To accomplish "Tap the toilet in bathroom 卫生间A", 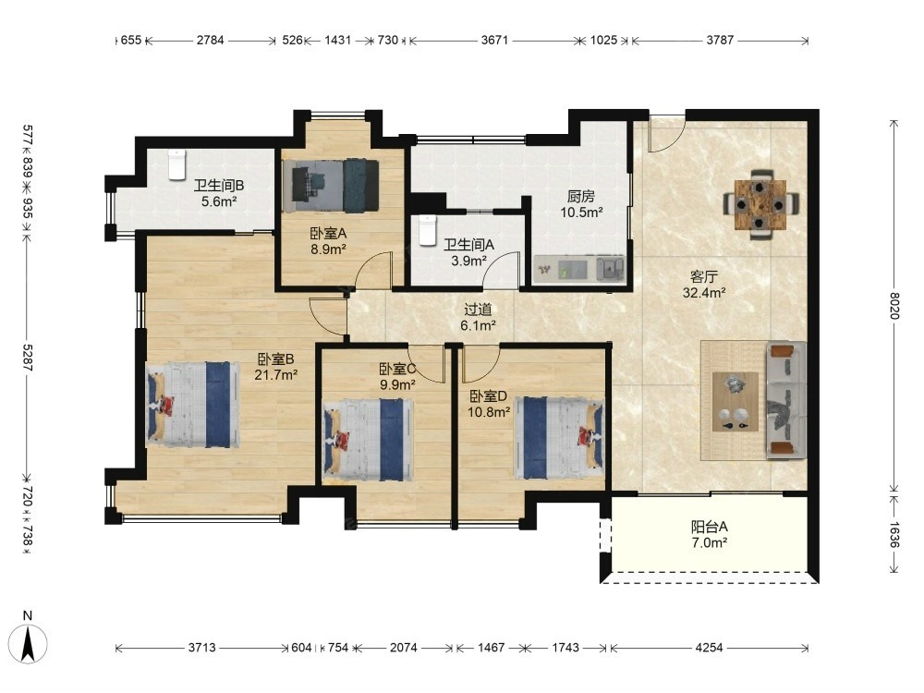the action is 427,230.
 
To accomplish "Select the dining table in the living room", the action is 760,204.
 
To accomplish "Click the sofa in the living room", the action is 786,400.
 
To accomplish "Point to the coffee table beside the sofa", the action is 736,401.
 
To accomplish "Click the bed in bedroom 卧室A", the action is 330,186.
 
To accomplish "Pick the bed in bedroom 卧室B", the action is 193,405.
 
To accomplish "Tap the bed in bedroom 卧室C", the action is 369,440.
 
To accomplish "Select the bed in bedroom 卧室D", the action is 559,437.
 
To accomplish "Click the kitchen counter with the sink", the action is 579,269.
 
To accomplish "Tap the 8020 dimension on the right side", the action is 895,306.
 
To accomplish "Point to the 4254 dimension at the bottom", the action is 709,648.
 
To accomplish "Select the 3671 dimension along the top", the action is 494,40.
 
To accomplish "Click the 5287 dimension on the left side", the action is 28,358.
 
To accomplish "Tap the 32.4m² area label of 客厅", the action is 704,292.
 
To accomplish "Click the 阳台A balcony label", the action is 709,527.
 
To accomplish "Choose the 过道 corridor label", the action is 478,310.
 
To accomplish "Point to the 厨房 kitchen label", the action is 581,196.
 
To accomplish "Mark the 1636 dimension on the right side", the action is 895,534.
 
